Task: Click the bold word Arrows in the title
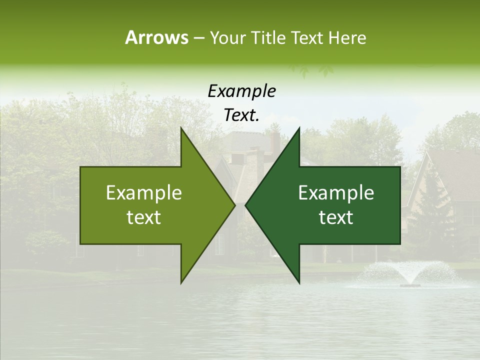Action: pos(156,37)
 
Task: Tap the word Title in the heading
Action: pos(268,37)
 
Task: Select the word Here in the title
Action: pos(347,37)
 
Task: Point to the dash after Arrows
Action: pos(198,38)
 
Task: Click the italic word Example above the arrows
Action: pos(241,91)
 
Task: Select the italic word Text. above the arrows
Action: pos(241,115)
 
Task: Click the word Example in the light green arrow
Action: pos(144,192)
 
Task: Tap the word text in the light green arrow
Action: pos(144,217)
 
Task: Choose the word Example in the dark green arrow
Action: pos(336,192)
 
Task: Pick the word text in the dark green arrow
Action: pos(336,217)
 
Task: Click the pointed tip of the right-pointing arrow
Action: pos(234,205)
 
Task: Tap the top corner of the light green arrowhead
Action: pos(181,128)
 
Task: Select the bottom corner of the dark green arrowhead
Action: pos(299,282)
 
